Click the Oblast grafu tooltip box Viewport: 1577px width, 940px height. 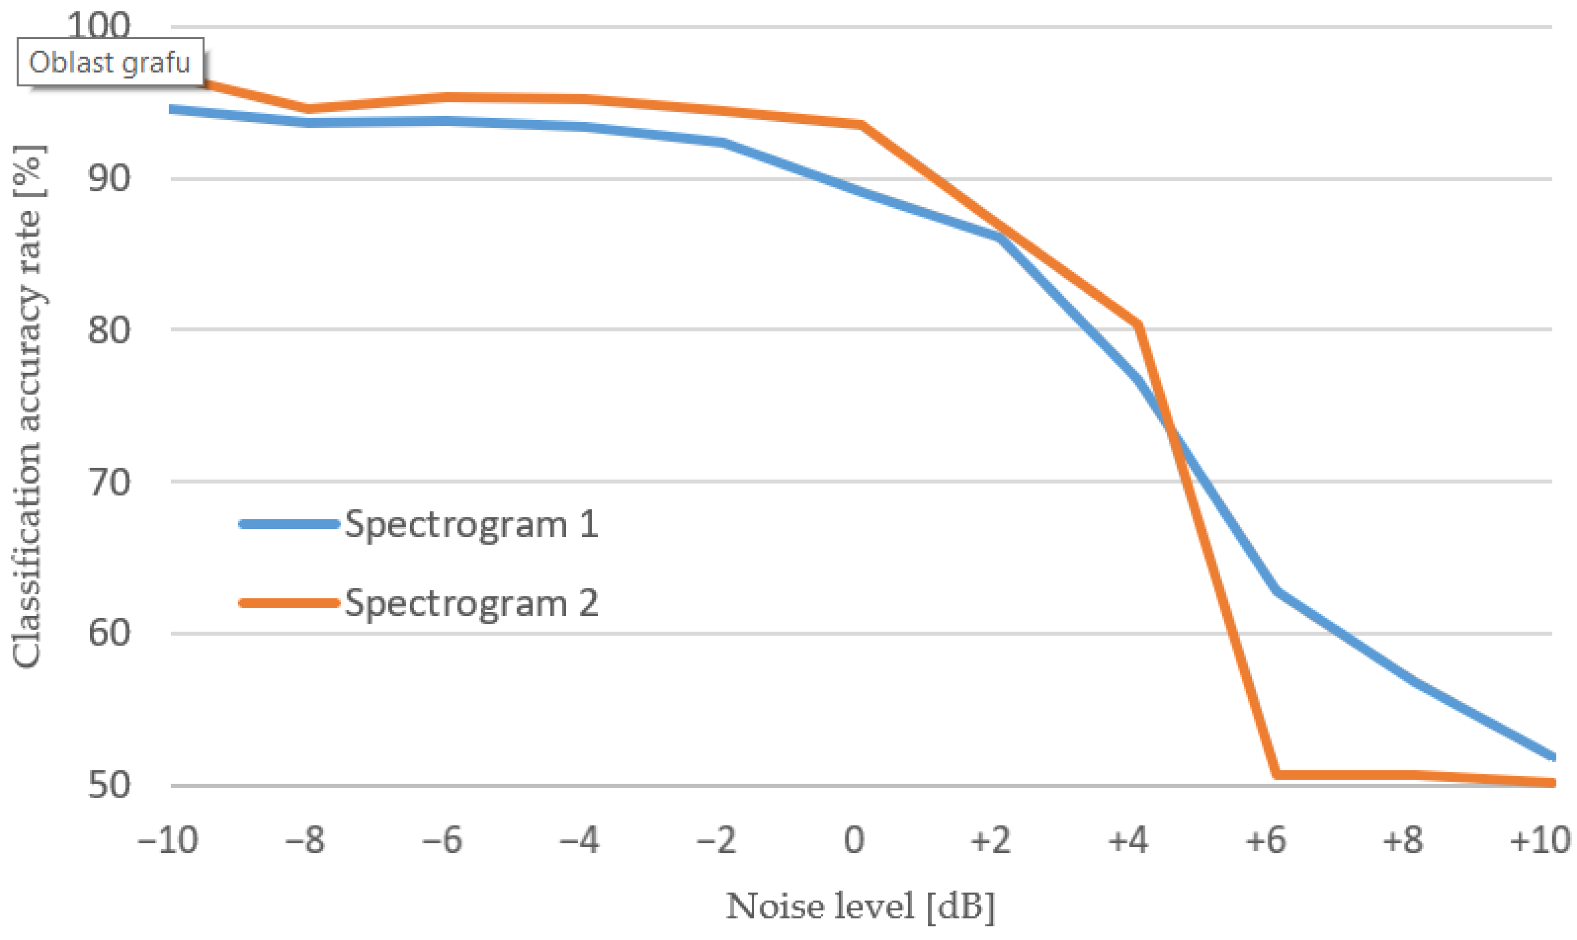click(110, 62)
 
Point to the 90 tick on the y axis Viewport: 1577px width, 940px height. click(109, 179)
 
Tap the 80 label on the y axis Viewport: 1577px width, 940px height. click(109, 330)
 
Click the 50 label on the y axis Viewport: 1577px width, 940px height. click(109, 785)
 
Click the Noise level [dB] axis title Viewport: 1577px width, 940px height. click(860, 906)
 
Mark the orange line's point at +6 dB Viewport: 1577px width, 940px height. click(1276, 774)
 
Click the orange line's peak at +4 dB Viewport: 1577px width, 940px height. click(1139, 325)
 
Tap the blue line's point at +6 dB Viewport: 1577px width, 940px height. click(1275, 590)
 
